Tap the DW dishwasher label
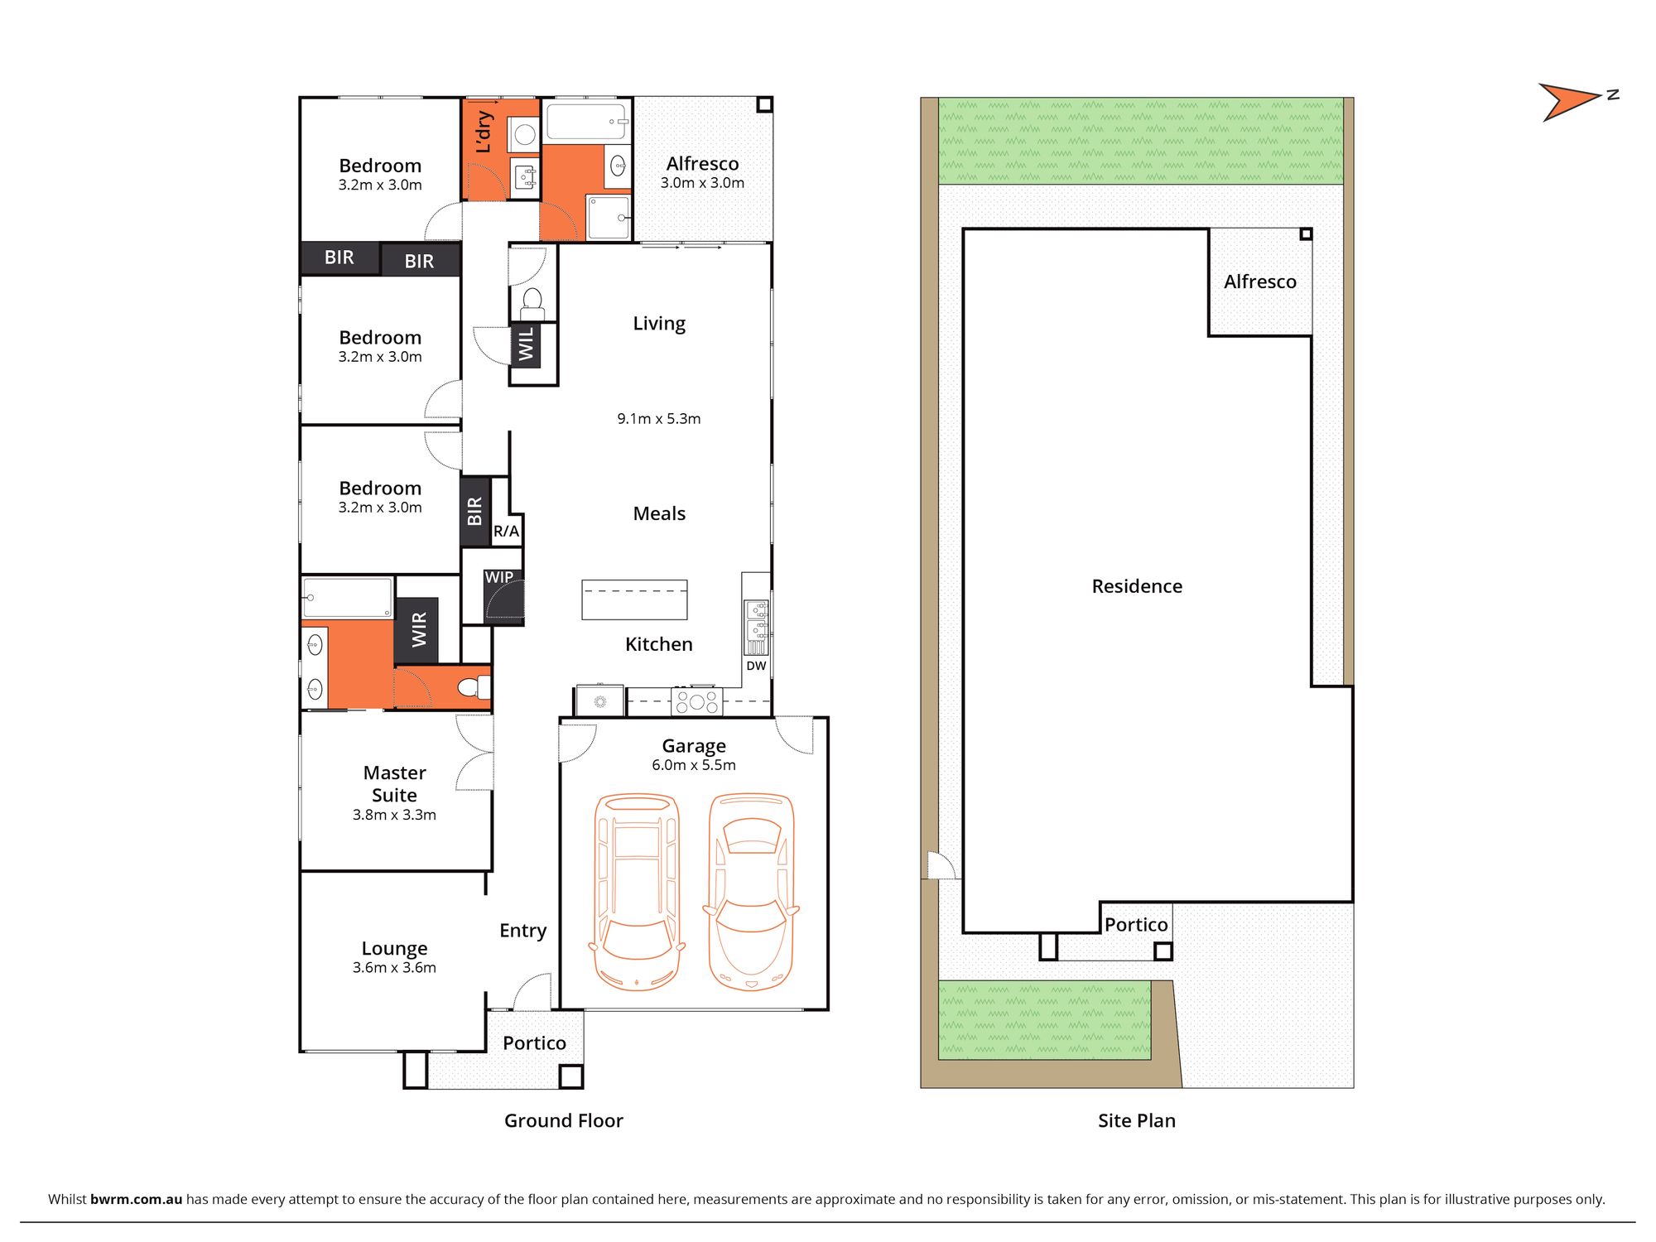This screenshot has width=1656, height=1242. (x=756, y=666)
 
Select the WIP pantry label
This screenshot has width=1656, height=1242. (x=498, y=577)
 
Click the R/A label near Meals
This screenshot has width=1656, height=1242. (x=506, y=532)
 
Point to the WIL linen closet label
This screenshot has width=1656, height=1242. (x=526, y=344)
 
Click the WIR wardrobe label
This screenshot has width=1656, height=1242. (x=419, y=629)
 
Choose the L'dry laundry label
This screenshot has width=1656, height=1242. (x=484, y=132)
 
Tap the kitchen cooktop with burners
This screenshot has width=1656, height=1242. (x=696, y=702)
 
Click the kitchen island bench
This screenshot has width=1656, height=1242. (x=634, y=599)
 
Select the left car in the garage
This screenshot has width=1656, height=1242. (x=637, y=892)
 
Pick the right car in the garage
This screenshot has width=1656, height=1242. (x=751, y=892)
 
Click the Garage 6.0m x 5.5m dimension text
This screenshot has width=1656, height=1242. (x=694, y=765)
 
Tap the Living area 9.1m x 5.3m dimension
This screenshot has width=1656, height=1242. (x=659, y=419)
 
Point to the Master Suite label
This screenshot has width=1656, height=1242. (x=394, y=783)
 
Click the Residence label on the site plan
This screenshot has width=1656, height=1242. (x=1137, y=586)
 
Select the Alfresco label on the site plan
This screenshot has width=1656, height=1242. (x=1260, y=282)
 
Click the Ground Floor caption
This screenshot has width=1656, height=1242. (x=564, y=1120)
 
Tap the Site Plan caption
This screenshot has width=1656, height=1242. (x=1137, y=1120)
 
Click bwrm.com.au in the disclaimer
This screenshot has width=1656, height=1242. (x=136, y=1199)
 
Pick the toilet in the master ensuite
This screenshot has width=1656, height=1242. (x=473, y=687)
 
